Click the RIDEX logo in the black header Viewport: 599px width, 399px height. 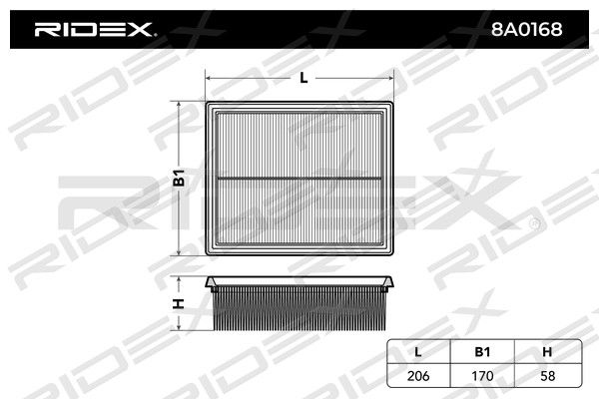pyautogui.click(x=94, y=29)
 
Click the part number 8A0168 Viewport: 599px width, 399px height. pyautogui.click(x=526, y=29)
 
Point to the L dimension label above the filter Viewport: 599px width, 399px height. pyautogui.click(x=303, y=78)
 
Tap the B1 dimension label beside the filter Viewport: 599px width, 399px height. pyautogui.click(x=179, y=178)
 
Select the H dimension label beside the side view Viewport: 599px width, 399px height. pyautogui.click(x=179, y=304)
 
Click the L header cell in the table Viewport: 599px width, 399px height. pyautogui.click(x=418, y=352)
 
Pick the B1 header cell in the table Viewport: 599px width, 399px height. pyautogui.click(x=482, y=352)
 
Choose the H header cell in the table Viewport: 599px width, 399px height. pyautogui.click(x=547, y=352)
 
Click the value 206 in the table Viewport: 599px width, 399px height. pyautogui.click(x=418, y=376)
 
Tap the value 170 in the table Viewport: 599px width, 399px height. pyautogui.click(x=482, y=376)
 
